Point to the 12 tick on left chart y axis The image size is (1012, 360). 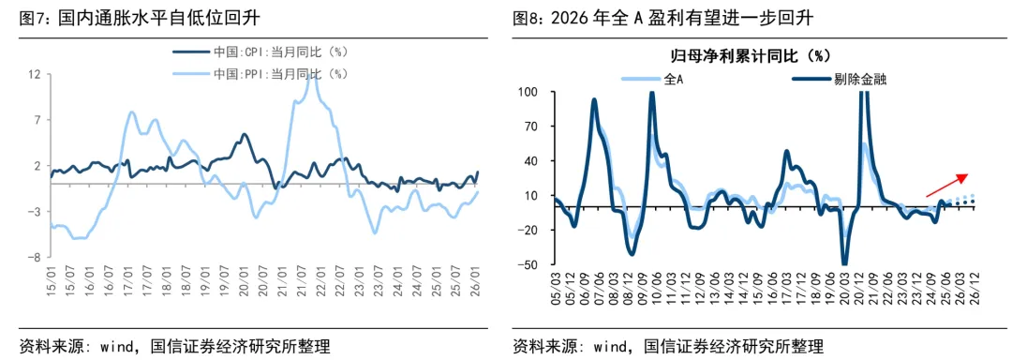[34, 73]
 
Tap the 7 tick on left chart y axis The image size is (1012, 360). [37, 119]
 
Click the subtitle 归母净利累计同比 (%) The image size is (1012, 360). [750, 56]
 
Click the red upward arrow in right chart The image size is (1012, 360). [945, 183]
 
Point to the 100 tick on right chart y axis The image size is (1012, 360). [534, 92]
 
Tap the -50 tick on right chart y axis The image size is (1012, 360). [534, 264]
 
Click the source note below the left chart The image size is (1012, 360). [174, 346]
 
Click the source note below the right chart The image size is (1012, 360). [668, 346]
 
